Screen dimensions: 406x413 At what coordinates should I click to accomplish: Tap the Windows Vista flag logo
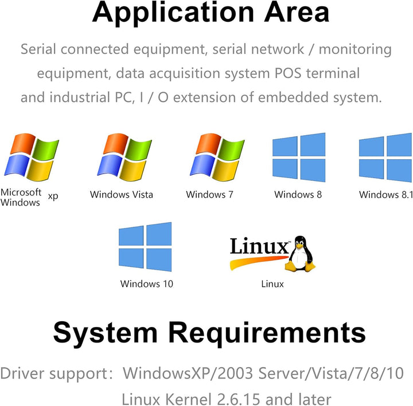click(126, 157)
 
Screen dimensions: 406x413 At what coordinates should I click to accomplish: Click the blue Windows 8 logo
click(298, 157)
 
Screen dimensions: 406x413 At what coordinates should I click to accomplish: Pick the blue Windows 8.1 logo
click(385, 157)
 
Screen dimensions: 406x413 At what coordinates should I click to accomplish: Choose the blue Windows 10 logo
click(145, 247)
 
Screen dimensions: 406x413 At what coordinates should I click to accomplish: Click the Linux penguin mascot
click(301, 253)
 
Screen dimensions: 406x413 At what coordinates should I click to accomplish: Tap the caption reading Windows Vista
click(122, 195)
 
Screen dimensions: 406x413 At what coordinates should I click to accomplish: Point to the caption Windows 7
click(209, 195)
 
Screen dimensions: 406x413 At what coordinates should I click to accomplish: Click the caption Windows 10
click(146, 283)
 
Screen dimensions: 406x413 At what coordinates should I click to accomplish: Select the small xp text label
click(53, 196)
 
